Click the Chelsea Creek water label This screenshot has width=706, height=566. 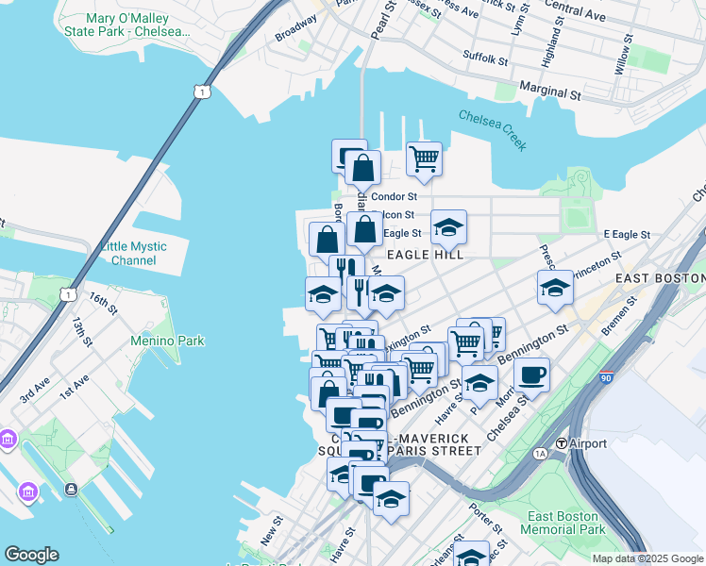(492, 130)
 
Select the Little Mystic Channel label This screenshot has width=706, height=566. (133, 254)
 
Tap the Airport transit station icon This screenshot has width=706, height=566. (562, 443)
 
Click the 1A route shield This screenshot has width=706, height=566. (540, 454)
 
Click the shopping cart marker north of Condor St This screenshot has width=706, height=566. (424, 158)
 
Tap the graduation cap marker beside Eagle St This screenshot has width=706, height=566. (449, 226)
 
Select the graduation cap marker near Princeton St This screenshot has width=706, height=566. (555, 288)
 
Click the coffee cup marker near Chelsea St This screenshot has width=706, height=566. (532, 375)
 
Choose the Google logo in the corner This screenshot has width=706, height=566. (31, 555)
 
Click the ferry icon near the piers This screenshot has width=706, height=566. (72, 489)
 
